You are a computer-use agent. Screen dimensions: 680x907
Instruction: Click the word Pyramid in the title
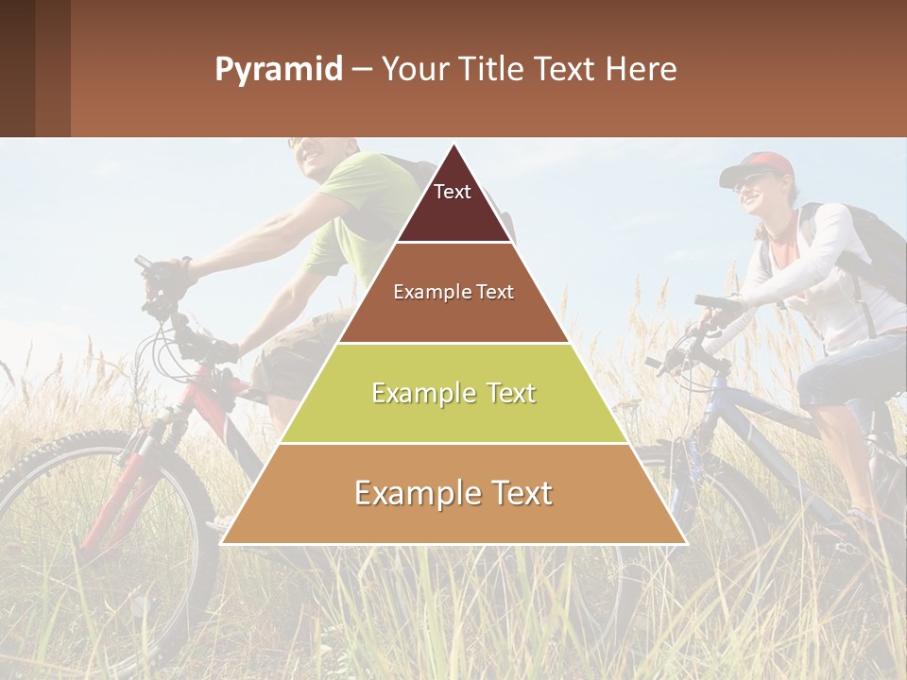click(278, 70)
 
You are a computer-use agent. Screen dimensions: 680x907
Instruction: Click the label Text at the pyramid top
click(453, 192)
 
